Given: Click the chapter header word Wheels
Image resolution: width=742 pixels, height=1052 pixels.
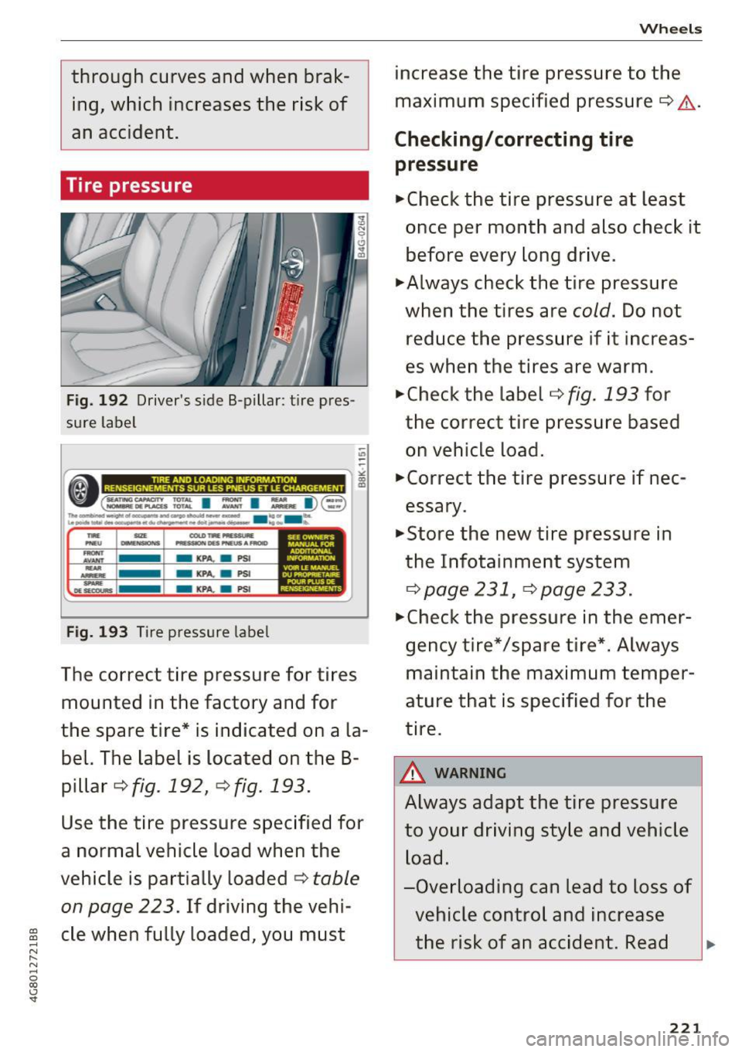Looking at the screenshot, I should [x=670, y=29].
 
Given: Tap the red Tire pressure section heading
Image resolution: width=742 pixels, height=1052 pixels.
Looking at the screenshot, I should [x=129, y=186].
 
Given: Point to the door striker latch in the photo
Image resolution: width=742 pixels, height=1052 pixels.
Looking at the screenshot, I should [x=295, y=257].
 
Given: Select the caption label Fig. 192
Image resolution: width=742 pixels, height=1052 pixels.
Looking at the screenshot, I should [x=97, y=401].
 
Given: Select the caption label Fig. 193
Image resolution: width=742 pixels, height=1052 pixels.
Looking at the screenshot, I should [x=97, y=632].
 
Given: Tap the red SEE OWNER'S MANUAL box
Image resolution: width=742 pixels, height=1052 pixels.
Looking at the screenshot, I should [x=311, y=562].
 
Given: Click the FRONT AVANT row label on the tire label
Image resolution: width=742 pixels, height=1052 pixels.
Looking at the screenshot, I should [x=94, y=557].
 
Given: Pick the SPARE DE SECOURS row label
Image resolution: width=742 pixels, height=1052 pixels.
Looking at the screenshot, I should [x=94, y=587].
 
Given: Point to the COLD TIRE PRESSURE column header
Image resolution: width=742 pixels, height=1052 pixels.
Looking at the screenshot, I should [x=221, y=539].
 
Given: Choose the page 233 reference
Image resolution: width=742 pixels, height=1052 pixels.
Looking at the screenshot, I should [x=584, y=590].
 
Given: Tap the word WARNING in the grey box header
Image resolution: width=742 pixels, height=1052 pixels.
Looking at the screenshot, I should [x=470, y=773].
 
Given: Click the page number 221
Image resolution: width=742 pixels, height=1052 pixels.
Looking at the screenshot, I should [x=685, y=1027].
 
